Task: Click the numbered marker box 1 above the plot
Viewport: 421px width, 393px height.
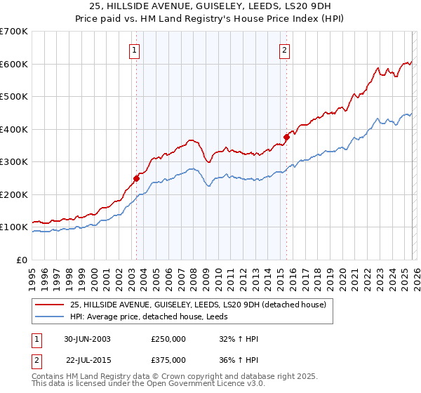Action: tap(133, 50)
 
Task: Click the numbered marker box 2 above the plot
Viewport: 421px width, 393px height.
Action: tap(284, 50)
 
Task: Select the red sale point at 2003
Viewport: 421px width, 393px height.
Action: tap(136, 178)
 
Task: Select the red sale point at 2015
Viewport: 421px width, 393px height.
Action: tap(286, 138)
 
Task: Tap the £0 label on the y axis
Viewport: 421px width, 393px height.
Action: tap(22, 260)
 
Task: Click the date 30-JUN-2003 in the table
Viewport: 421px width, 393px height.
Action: tap(88, 339)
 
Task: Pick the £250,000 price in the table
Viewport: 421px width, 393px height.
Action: tap(168, 339)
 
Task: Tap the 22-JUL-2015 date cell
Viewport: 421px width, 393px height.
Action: tap(88, 359)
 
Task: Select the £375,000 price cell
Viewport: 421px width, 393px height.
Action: tap(168, 359)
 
